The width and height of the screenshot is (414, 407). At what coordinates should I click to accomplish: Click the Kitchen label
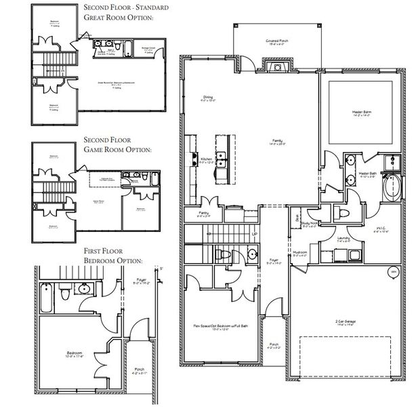(x=207, y=161)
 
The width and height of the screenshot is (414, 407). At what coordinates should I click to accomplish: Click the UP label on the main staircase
(x=255, y=235)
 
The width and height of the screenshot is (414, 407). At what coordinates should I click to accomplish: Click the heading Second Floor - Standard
(x=126, y=7)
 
